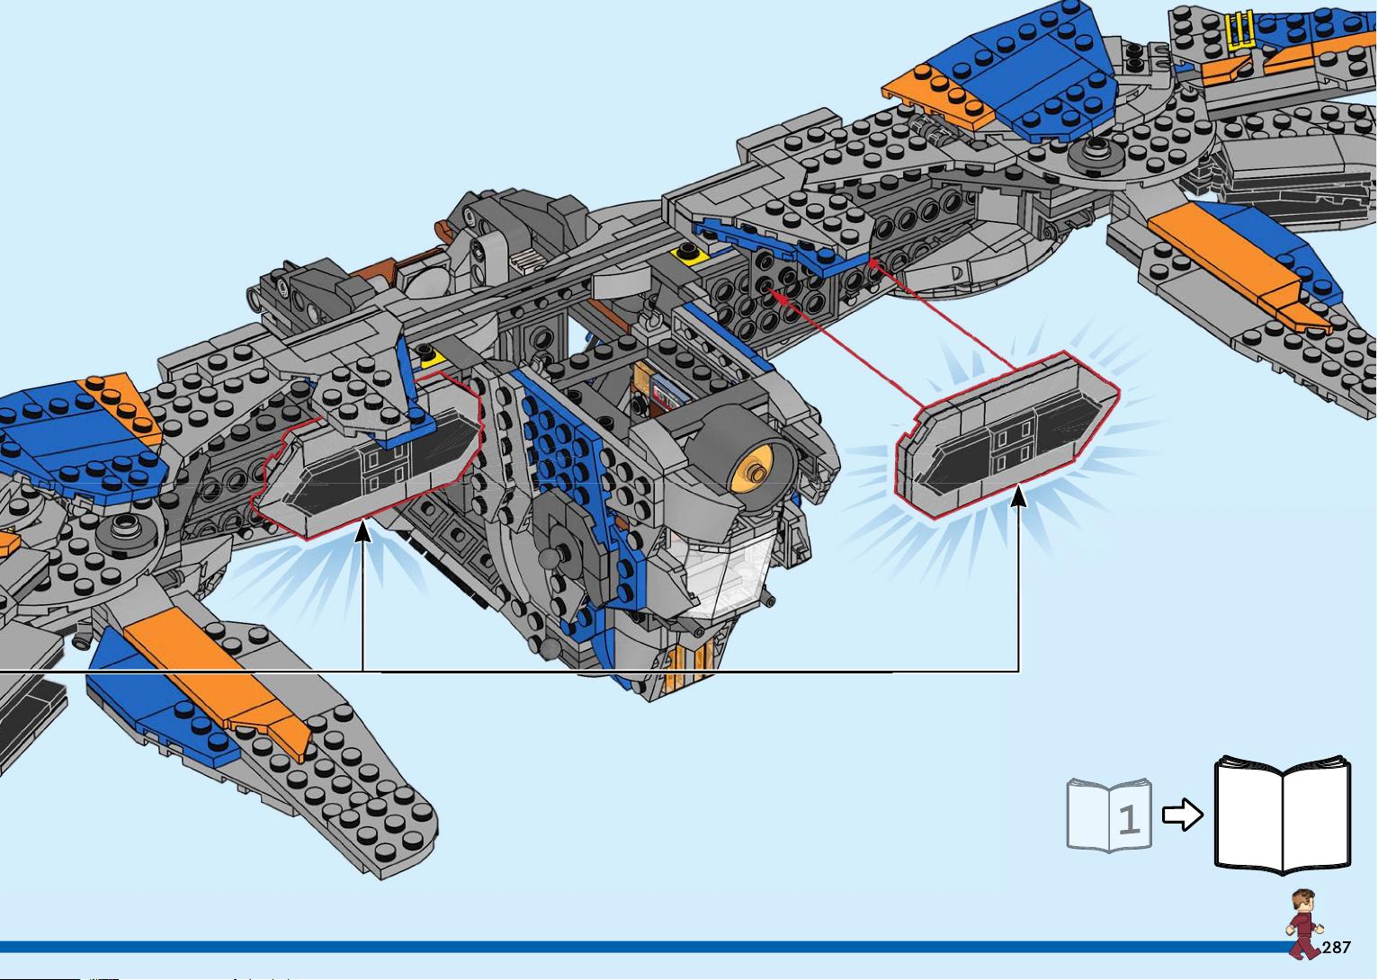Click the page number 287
1336,948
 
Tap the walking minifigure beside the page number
1303,923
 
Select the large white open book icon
1283,815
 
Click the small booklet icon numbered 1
1109,815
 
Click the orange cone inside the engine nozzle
752,471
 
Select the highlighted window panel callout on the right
1007,435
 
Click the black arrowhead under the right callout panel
1019,495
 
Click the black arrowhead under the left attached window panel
363,531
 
